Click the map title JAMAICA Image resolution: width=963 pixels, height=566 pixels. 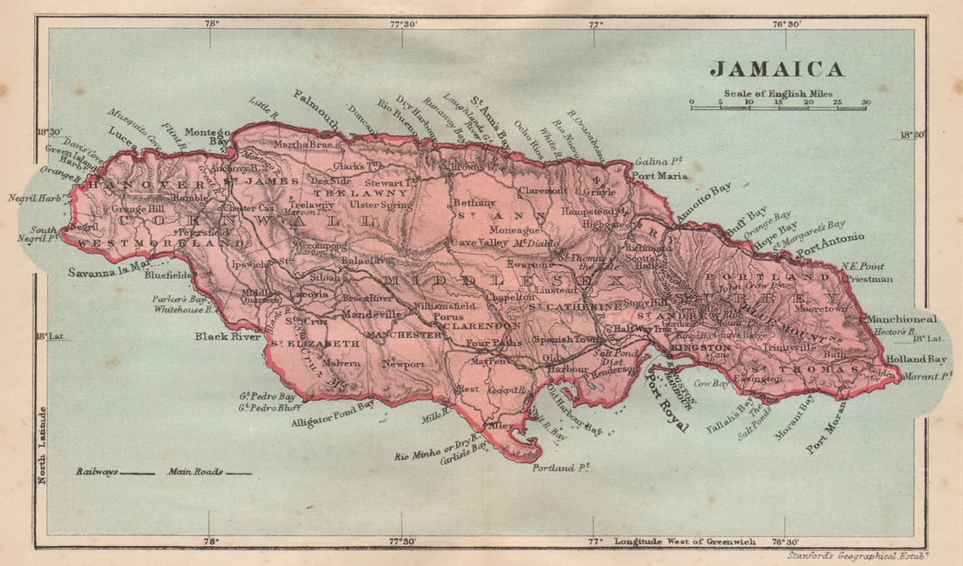click(777, 69)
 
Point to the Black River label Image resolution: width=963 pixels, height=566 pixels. click(222, 336)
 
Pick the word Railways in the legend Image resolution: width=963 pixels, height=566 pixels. click(96, 472)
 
